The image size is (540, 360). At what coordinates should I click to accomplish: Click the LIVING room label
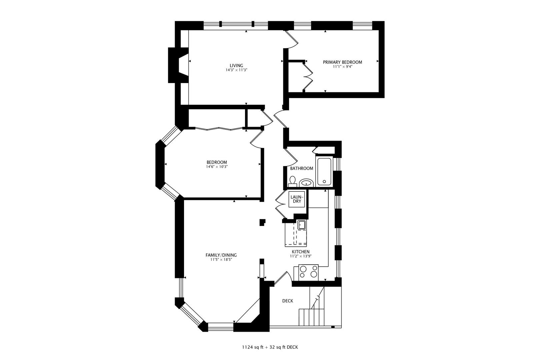click(236, 65)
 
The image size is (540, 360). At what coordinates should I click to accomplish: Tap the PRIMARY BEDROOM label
click(342, 62)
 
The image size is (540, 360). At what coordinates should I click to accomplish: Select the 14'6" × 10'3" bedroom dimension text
click(217, 167)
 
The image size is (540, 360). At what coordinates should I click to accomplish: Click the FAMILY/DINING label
click(221, 255)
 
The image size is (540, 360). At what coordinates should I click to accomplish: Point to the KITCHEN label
click(301, 252)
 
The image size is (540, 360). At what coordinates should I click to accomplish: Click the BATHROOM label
click(301, 168)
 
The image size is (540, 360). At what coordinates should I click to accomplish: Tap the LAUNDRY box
click(297, 199)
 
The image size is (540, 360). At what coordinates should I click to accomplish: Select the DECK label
click(288, 301)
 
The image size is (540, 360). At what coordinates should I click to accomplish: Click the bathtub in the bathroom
click(324, 172)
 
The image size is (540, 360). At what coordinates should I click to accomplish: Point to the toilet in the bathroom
click(292, 181)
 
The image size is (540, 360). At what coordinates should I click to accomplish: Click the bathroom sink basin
click(306, 183)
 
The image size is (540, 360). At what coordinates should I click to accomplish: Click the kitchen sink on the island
click(301, 225)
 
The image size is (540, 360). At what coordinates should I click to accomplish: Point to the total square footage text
click(270, 347)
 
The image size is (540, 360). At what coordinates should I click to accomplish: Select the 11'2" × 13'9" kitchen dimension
click(301, 256)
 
